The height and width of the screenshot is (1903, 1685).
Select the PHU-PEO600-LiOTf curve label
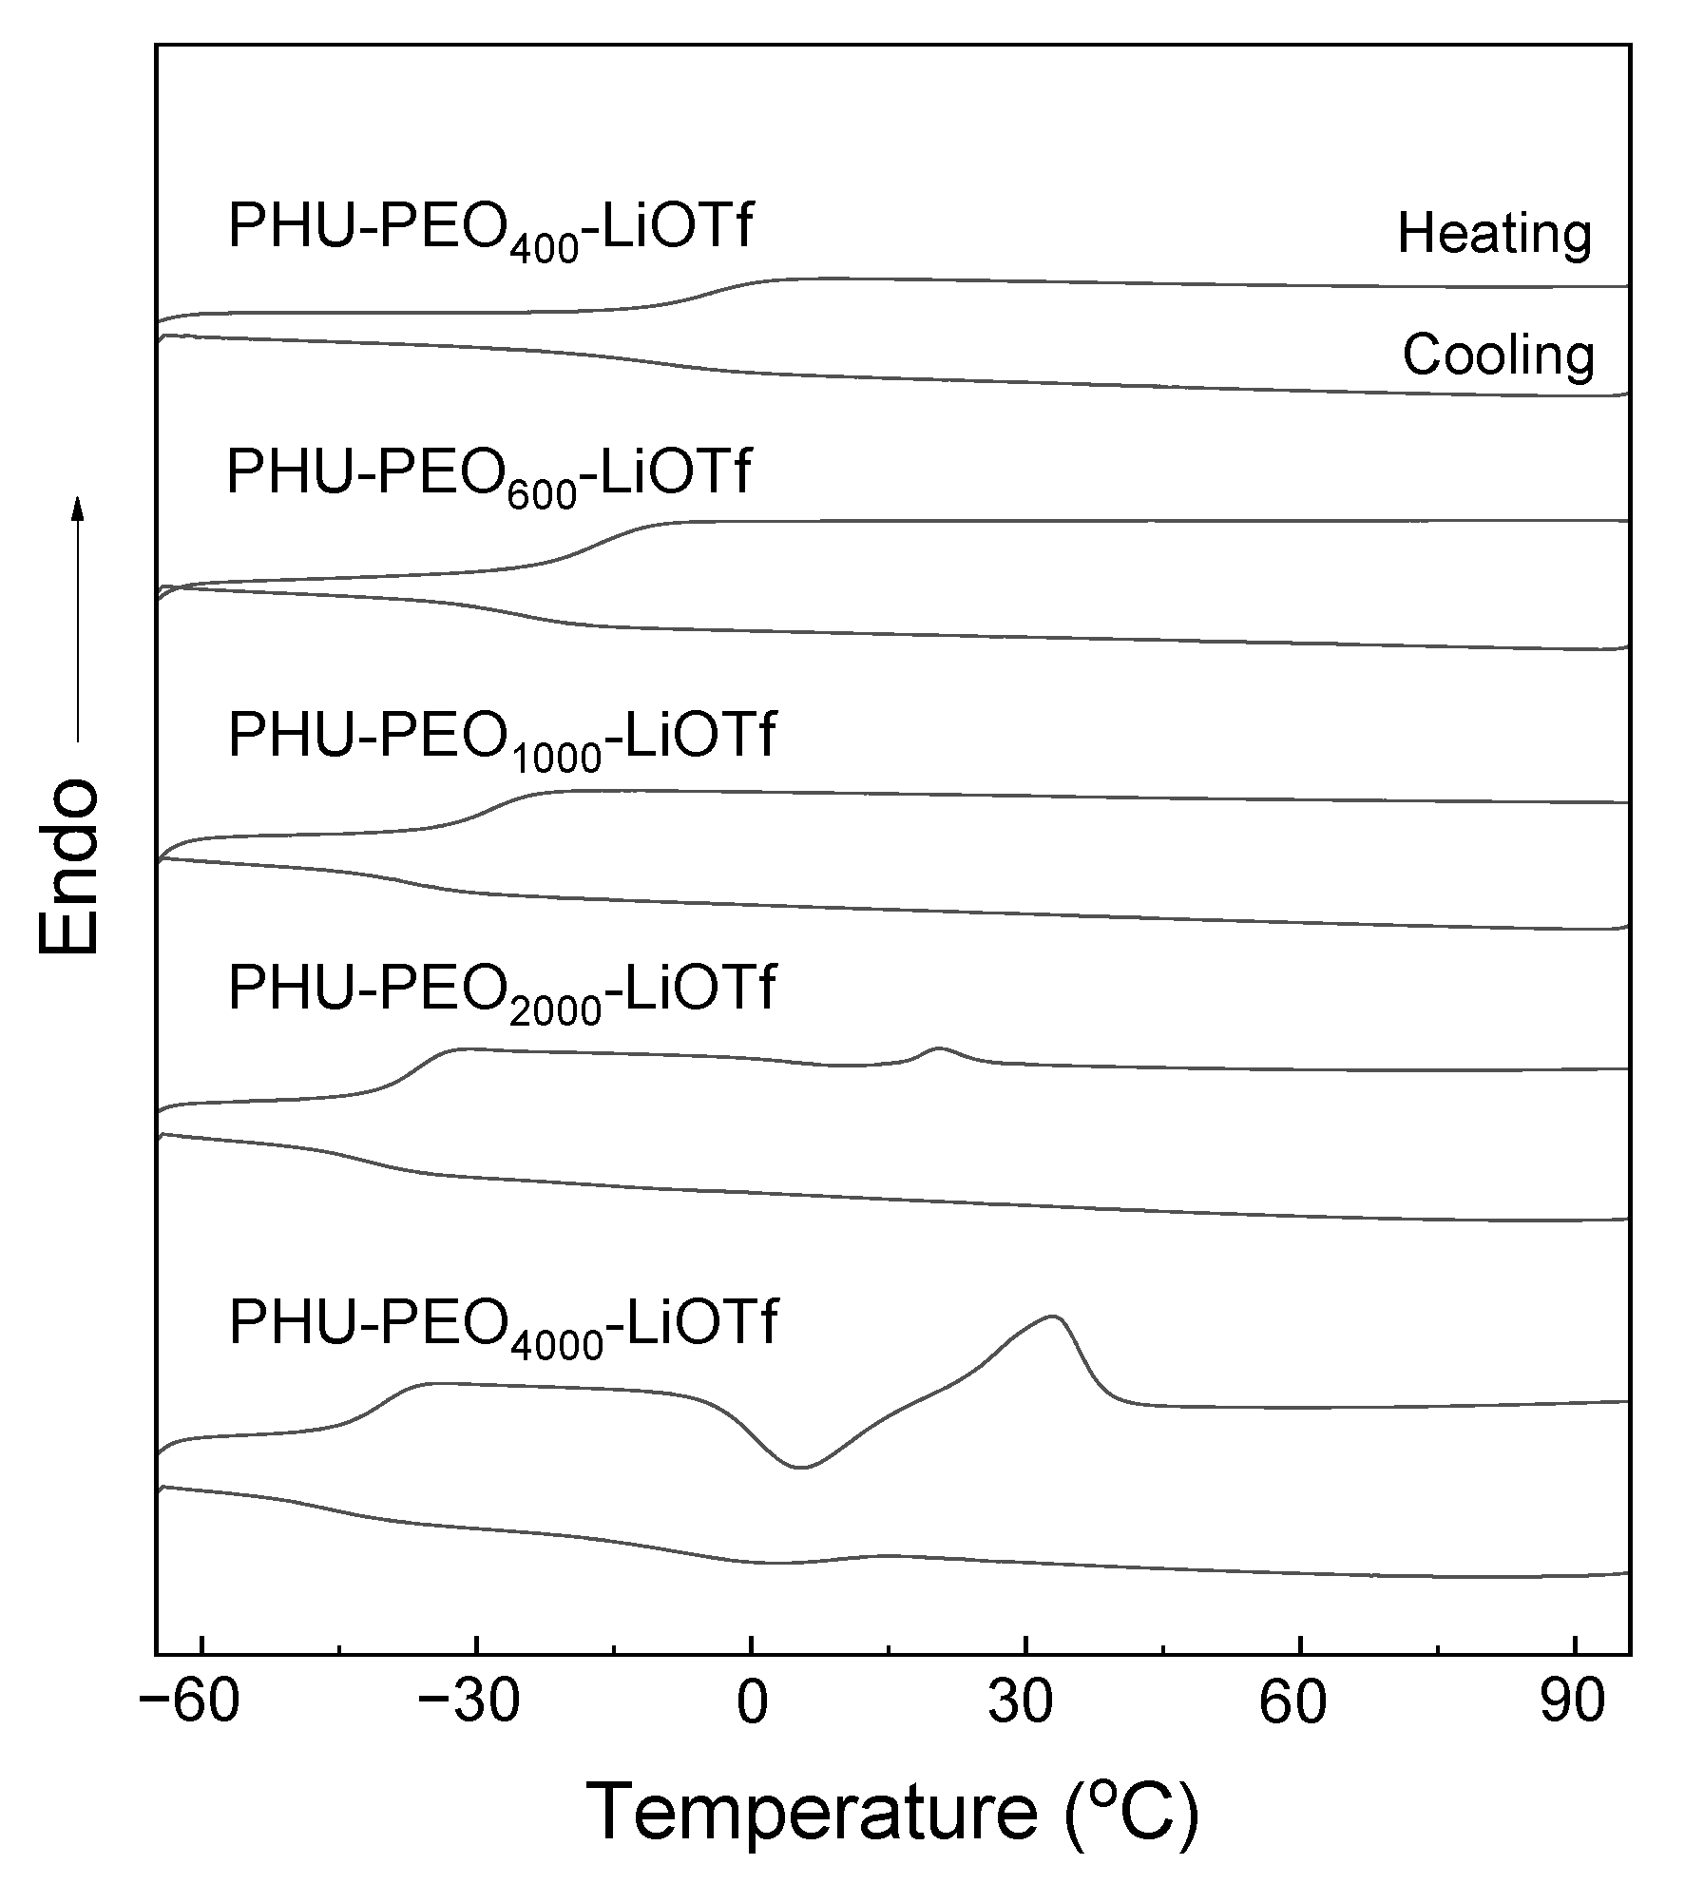coord(488,475)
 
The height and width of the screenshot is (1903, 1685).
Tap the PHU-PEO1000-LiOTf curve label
coord(502,738)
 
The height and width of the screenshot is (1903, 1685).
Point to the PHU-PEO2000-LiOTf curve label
coord(502,990)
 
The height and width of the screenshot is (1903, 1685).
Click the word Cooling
coord(1498,356)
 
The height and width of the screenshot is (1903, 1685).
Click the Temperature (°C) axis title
coord(892,1813)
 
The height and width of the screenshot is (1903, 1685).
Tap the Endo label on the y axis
coord(68,866)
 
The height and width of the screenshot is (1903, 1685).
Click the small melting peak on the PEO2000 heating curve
coord(939,1048)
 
